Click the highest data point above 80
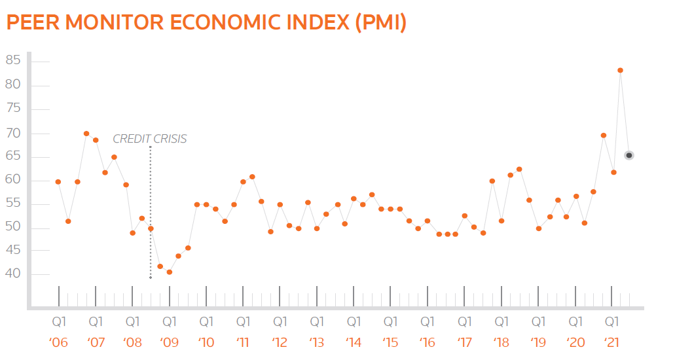pyautogui.click(x=620, y=70)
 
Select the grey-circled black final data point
pyautogui.click(x=629, y=155)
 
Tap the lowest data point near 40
pyautogui.click(x=170, y=272)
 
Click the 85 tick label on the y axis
pyautogui.click(x=13, y=61)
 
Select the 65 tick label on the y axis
pyautogui.click(x=13, y=156)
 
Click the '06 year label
pyautogui.click(x=59, y=342)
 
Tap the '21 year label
pyautogui.click(x=611, y=342)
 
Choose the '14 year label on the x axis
pyautogui.click(x=354, y=342)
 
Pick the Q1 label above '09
pyautogui.click(x=170, y=322)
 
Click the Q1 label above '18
pyautogui.click(x=502, y=322)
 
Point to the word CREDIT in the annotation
pyautogui.click(x=130, y=139)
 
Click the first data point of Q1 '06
pyautogui.click(x=58, y=181)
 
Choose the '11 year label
pyautogui.click(x=243, y=342)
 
